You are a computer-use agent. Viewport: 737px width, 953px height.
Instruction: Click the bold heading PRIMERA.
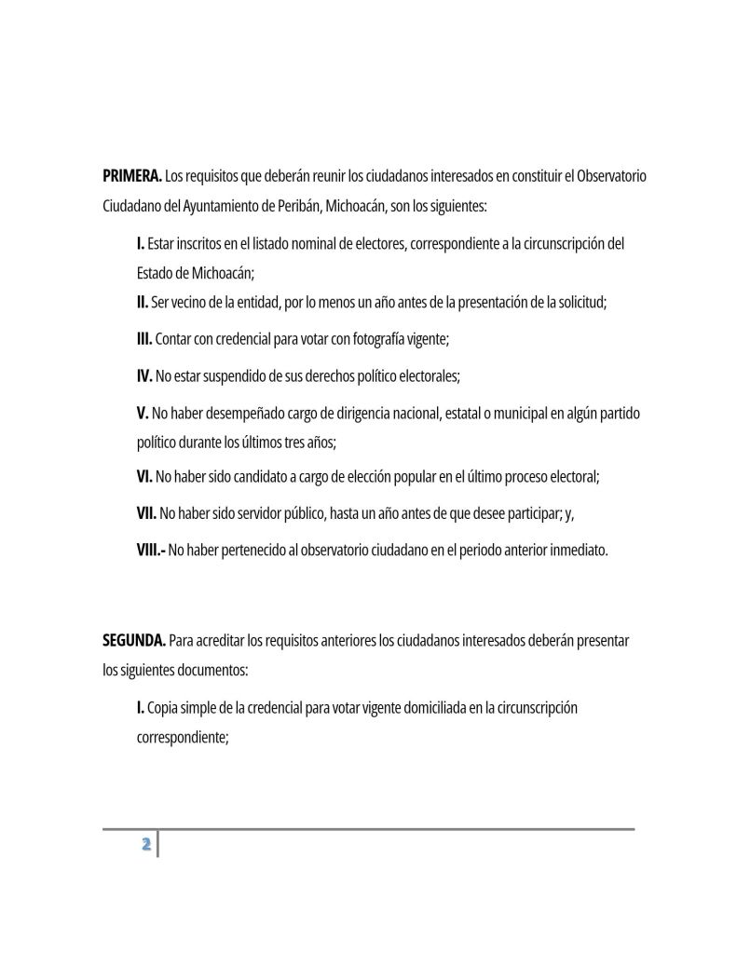coord(131,175)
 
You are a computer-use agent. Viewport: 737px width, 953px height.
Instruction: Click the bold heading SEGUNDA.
coord(134,640)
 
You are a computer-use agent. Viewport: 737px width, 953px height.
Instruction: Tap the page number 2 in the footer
coord(145,844)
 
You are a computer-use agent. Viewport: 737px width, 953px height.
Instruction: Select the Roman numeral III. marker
coord(144,340)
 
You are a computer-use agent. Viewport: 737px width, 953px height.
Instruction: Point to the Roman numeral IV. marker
coord(144,376)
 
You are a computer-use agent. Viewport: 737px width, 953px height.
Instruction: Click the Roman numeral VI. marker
coord(144,477)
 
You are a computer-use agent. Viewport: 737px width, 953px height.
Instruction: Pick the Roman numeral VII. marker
coord(146,513)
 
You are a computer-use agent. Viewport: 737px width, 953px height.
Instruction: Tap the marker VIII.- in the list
coord(150,550)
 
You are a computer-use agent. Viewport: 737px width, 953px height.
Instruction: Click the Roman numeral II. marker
coord(143,303)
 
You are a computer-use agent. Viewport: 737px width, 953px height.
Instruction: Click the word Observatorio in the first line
coord(611,175)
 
